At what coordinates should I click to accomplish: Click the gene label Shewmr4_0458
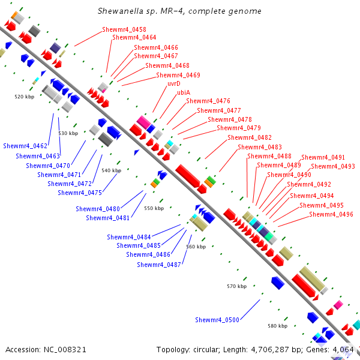pyautogui.click(x=124, y=29)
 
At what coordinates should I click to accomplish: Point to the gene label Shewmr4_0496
pyautogui.click(x=331, y=214)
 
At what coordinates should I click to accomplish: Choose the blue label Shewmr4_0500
pyautogui.click(x=217, y=320)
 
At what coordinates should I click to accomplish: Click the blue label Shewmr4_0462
pyautogui.click(x=25, y=146)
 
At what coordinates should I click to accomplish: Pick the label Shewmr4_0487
pyautogui.click(x=159, y=264)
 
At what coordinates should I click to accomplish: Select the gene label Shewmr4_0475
pyautogui.click(x=80, y=193)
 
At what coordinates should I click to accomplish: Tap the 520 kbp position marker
pyautogui.click(x=25, y=96)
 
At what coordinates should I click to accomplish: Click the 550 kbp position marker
pyautogui.click(x=154, y=208)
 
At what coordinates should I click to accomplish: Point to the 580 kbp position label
pyautogui.click(x=277, y=326)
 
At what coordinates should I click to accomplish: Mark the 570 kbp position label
pyautogui.click(x=236, y=287)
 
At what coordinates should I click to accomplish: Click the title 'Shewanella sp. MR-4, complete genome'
pyautogui.click(x=179, y=11)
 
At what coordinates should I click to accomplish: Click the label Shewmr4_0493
pyautogui.click(x=332, y=166)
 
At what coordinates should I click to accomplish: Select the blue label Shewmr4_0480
pyautogui.click(x=98, y=209)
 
